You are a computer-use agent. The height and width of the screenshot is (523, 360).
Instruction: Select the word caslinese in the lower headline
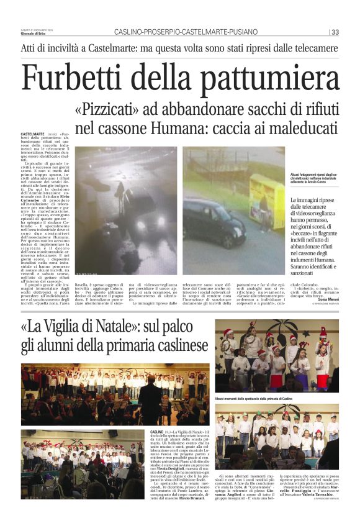pyautogui.click(x=180, y=345)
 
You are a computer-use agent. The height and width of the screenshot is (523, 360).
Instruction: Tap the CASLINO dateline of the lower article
pyautogui.click(x=158, y=430)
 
